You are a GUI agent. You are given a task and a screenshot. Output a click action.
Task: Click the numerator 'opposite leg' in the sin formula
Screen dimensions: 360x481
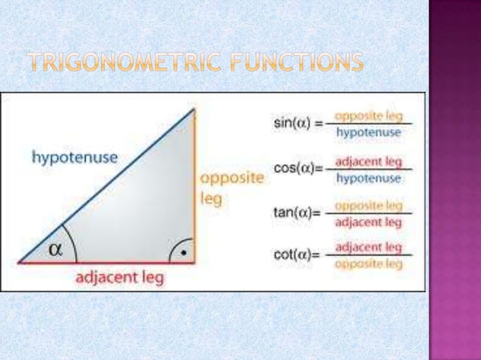pyautogui.click(x=369, y=116)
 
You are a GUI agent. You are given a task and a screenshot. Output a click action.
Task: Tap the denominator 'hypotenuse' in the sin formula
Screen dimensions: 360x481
pyautogui.click(x=369, y=132)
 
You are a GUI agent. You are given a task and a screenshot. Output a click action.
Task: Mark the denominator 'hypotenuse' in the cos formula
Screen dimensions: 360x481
pyautogui.click(x=369, y=178)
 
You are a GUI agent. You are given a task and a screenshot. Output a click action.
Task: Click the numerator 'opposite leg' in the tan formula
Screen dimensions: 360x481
pyautogui.click(x=369, y=205)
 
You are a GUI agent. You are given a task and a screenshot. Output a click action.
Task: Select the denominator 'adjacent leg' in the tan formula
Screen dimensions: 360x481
pyautogui.click(x=369, y=221)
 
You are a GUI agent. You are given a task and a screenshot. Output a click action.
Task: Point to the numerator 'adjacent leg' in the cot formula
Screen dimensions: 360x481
pyautogui.click(x=369, y=247)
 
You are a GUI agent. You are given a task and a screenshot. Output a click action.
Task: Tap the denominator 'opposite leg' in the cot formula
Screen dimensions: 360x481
pyautogui.click(x=369, y=264)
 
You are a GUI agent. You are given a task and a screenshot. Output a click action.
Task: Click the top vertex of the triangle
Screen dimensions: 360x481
pyautogui.click(x=195, y=109)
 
